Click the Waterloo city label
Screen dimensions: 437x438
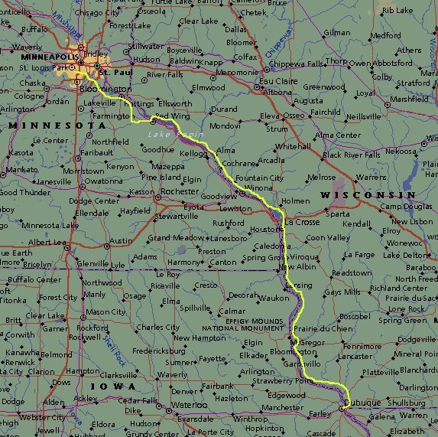[189, 405]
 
